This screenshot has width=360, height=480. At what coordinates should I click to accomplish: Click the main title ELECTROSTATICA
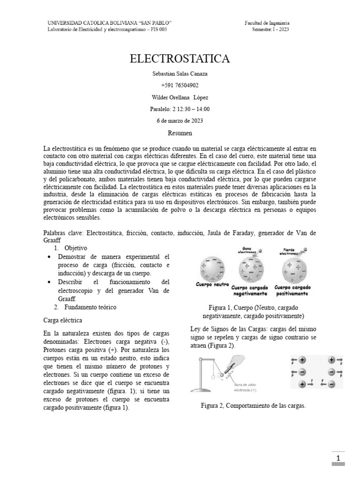click(180, 59)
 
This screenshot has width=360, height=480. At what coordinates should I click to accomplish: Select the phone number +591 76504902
click(180, 85)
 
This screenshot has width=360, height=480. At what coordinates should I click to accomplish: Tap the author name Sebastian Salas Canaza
click(180, 74)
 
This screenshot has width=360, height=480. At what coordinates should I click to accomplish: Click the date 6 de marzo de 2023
click(180, 120)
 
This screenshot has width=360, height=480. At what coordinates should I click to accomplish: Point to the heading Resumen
click(180, 133)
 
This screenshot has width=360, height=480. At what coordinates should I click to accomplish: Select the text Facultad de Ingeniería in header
click(267, 22)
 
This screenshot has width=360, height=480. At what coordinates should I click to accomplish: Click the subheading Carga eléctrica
click(62, 320)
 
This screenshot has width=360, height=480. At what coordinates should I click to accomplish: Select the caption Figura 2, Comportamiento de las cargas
click(253, 405)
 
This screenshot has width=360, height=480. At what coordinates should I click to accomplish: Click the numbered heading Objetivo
click(75, 247)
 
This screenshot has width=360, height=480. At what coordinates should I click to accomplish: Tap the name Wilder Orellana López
click(180, 97)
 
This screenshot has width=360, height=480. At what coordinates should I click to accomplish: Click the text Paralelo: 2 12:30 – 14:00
click(180, 109)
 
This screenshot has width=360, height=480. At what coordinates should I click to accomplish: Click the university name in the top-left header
click(110, 22)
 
